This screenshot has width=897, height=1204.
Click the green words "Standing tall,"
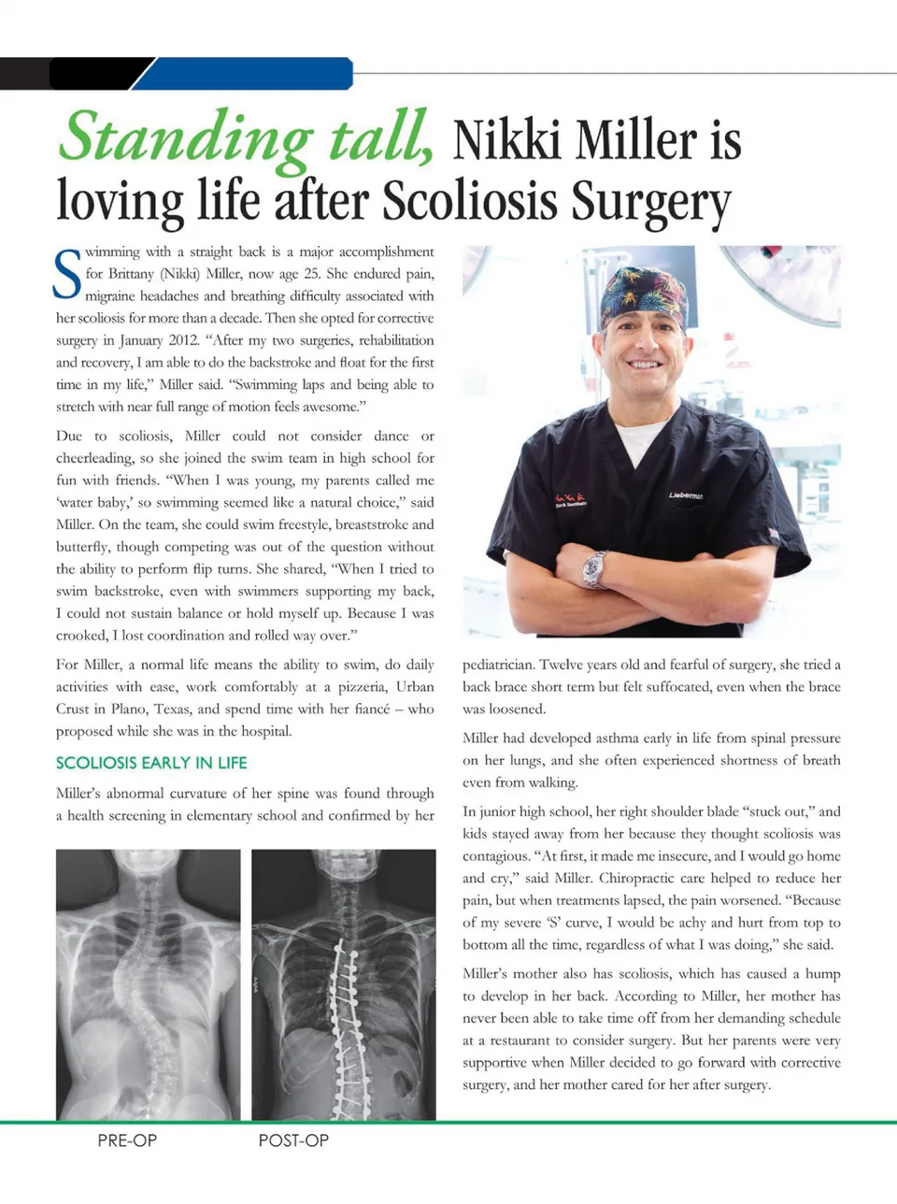[245, 138]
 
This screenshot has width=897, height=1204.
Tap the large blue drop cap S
[67, 274]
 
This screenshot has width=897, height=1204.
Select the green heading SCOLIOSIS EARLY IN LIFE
[151, 763]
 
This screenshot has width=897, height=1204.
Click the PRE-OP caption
[127, 1140]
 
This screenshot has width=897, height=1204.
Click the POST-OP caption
[293, 1140]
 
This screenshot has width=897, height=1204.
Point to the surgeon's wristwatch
[594, 568]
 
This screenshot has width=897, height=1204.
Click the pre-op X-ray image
[148, 983]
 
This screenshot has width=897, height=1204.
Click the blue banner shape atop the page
[248, 73]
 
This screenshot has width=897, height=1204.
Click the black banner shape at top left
[75, 73]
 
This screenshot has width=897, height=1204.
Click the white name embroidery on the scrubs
[686, 494]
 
